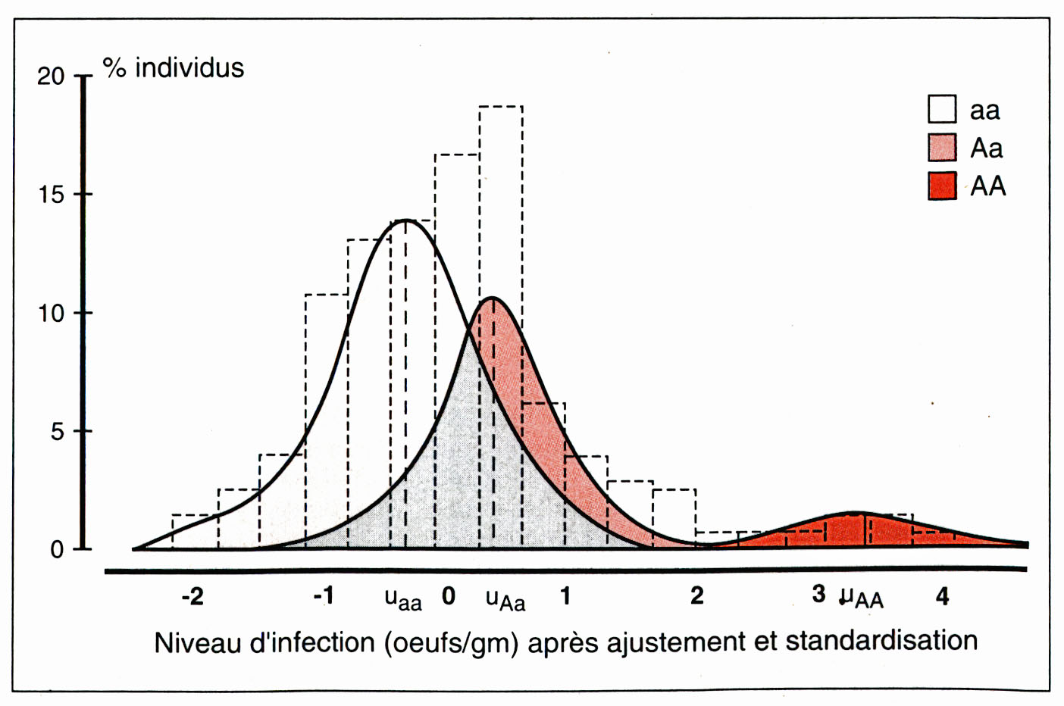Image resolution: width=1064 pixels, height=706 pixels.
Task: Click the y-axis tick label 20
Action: click(51, 77)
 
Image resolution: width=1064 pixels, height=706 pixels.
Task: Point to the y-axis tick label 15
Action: click(51, 195)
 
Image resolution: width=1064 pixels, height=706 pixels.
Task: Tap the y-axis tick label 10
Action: click(51, 313)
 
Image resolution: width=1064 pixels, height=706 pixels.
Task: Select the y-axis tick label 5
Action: click(57, 432)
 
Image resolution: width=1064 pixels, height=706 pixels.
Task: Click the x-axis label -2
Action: click(192, 597)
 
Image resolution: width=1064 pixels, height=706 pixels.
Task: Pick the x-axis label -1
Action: click(324, 596)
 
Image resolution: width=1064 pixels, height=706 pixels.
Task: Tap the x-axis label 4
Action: click(942, 597)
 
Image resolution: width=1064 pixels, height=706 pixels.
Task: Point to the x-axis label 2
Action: click(697, 596)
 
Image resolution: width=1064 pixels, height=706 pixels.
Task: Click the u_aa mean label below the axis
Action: click(403, 599)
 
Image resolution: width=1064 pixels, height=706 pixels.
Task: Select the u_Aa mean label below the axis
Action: click(505, 600)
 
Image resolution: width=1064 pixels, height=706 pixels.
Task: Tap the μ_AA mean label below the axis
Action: click(862, 598)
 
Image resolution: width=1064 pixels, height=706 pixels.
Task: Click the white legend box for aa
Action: click(942, 109)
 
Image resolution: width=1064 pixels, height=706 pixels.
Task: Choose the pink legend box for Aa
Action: click(942, 148)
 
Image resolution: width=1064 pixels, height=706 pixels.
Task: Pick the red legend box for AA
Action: click(942, 186)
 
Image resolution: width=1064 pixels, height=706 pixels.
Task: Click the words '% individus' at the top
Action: click(174, 68)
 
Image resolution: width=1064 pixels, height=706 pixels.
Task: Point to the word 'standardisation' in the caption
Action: click(881, 641)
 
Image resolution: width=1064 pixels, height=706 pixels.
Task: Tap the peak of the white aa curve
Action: click(406, 220)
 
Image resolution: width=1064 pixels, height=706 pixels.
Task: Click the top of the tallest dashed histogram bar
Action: click(500, 107)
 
